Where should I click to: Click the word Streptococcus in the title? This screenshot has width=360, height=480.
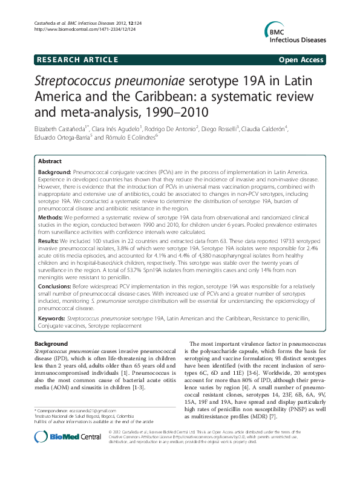tap(73, 81)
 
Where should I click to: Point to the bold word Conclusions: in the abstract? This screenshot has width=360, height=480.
tap(56, 287)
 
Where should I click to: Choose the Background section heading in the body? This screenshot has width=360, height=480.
tap(51, 343)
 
